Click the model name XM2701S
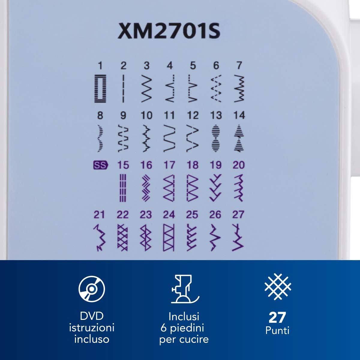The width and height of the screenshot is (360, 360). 169,31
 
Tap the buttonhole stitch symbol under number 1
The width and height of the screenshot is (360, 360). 100,88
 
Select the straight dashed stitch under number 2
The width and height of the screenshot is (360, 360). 123,88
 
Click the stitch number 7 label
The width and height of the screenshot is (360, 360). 239,66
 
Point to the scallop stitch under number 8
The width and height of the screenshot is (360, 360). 100,138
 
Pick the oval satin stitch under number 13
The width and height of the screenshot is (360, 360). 216,138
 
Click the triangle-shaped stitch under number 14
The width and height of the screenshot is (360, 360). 239,138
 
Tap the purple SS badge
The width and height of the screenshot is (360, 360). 100,165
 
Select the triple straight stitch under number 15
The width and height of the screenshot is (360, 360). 123,188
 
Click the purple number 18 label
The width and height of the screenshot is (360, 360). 193,165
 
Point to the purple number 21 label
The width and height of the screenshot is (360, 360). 99,215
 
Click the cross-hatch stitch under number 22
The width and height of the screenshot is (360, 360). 123,237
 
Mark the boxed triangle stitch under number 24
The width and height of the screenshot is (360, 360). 169,237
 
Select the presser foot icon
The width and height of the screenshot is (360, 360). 185,289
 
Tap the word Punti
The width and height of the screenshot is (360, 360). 277,331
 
